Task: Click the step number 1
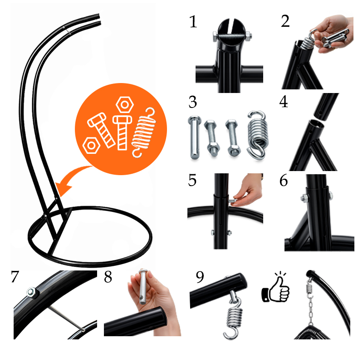coord(193,22)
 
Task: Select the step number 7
coord(15,276)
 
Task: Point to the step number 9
coord(200,277)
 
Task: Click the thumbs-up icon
coord(275,287)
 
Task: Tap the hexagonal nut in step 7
coord(31,292)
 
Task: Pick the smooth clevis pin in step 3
coord(195,137)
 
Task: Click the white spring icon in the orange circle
coord(143,132)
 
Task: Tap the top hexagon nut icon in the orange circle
coord(125,105)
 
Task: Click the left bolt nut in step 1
coord(215,36)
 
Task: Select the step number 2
coord(285,21)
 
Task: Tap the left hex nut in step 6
coord(304,198)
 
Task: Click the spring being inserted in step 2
coord(309,40)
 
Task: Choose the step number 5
coord(192,180)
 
